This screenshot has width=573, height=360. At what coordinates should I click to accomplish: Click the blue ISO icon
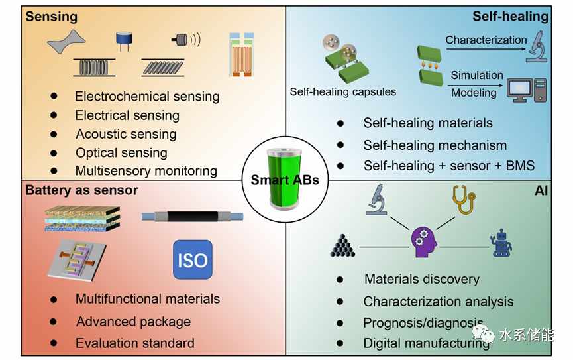tap(193, 260)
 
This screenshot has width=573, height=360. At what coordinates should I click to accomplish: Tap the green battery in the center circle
tap(285, 178)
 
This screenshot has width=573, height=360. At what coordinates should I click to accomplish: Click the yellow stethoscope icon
tap(464, 200)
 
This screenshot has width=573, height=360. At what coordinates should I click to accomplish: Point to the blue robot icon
tap(501, 243)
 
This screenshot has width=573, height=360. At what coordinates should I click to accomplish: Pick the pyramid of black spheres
tap(342, 245)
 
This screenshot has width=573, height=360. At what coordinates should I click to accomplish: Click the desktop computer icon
tap(527, 90)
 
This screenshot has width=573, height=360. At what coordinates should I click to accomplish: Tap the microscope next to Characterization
tap(537, 46)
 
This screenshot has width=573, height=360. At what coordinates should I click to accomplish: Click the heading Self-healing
tap(511, 17)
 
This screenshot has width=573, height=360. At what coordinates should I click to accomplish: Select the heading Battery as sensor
tap(81, 190)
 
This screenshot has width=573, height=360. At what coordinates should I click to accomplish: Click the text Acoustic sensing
tap(126, 135)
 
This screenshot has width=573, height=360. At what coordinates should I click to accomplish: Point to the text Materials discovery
tap(422, 279)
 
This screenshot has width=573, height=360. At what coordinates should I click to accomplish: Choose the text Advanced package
tap(133, 322)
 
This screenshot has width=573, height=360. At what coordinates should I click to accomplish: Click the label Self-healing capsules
tap(342, 91)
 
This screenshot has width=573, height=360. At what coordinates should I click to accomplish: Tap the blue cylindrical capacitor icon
tap(125, 41)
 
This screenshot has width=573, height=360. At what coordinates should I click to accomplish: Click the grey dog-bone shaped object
tap(66, 42)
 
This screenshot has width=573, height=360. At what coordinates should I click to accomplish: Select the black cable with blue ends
tap(192, 217)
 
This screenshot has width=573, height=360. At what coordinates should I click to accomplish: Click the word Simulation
tap(477, 75)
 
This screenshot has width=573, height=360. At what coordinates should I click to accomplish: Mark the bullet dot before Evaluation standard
tap(54, 343)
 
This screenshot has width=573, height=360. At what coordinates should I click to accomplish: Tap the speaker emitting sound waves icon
tap(186, 40)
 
